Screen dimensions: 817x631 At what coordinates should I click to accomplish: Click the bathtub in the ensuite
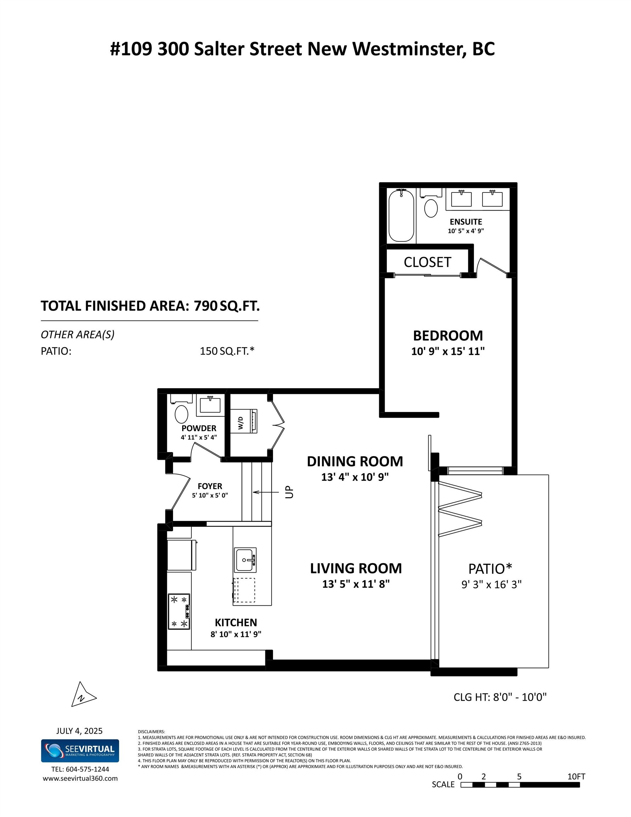click(401, 216)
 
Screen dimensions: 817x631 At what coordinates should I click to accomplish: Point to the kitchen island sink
click(245, 560)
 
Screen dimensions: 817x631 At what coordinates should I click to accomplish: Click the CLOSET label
click(427, 262)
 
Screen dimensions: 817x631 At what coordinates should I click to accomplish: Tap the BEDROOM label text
click(448, 335)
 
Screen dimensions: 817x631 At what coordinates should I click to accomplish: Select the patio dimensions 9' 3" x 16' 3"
click(491, 584)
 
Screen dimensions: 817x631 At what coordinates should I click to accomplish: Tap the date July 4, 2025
click(79, 730)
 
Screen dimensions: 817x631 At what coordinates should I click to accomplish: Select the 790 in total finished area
click(205, 306)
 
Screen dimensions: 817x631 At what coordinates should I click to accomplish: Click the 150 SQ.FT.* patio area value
click(227, 351)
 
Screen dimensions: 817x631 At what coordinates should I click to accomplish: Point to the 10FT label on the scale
click(576, 776)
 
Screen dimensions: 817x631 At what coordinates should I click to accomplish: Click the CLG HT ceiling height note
click(500, 697)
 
